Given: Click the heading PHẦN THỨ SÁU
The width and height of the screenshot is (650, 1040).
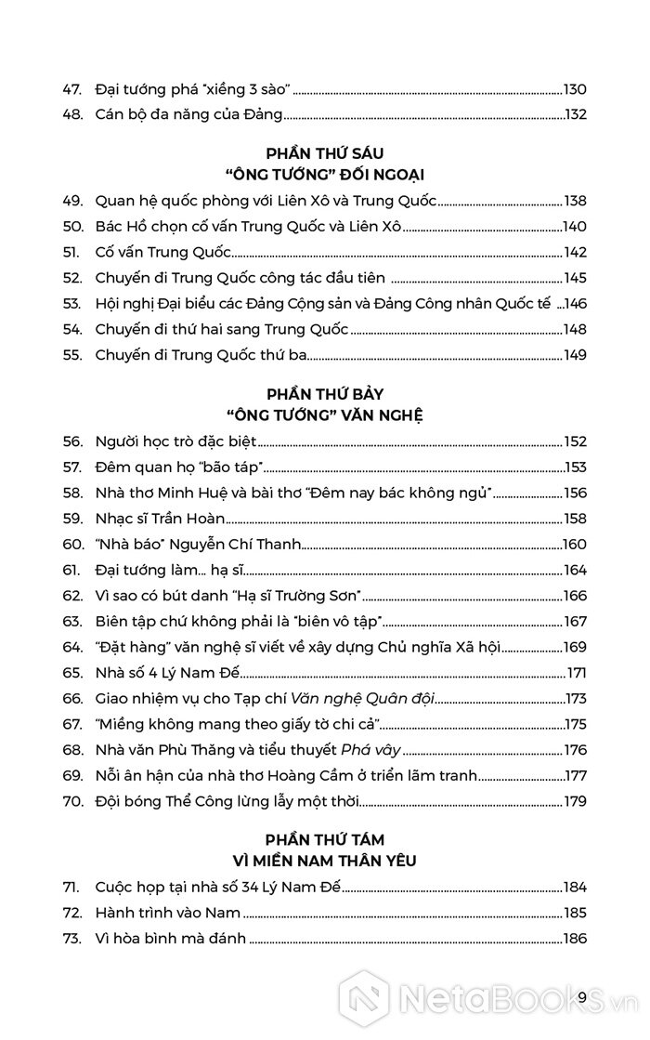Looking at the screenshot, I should coord(324,151).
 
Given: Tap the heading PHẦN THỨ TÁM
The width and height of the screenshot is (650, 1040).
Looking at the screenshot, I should coord(324,839).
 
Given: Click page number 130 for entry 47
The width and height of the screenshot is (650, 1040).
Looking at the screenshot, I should coord(575,90).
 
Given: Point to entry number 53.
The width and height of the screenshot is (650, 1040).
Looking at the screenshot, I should coord(73,303).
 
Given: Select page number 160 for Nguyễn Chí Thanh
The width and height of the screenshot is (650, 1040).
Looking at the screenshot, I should coord(575,545).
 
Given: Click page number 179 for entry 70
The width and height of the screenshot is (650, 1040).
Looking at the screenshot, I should coord(575,799).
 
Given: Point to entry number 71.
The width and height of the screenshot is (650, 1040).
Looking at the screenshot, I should coord(72,888).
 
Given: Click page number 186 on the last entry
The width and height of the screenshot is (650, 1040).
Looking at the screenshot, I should coord(575,939).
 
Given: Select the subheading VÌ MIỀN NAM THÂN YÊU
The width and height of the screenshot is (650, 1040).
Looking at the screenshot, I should coord(324,862).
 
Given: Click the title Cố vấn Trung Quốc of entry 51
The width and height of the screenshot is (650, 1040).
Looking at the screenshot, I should coord(162,252).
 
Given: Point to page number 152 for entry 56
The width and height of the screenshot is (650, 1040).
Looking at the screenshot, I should coord(575,442).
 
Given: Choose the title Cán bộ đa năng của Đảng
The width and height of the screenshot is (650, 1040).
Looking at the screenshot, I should coord(188,116).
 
